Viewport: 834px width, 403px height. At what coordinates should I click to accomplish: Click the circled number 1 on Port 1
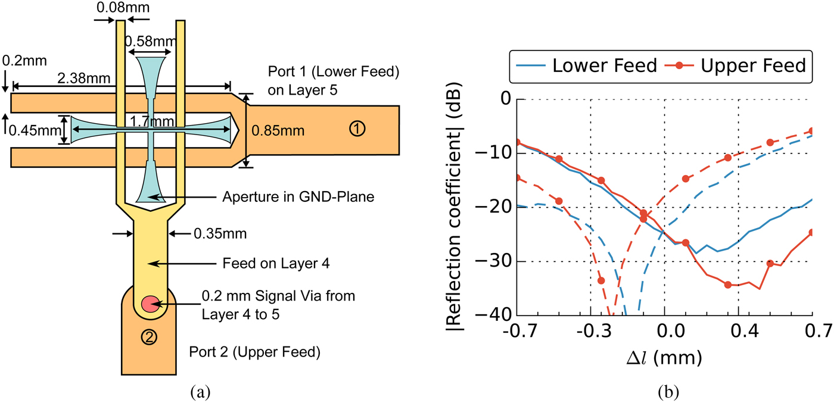click(x=356, y=129)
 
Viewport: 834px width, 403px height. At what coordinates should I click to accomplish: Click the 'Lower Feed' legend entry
click(x=603, y=65)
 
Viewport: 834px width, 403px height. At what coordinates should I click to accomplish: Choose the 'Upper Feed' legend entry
click(x=754, y=65)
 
